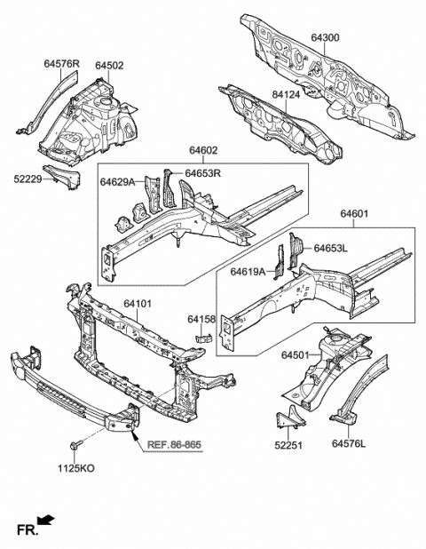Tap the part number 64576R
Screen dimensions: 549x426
[62, 65]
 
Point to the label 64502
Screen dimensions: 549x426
[109, 65]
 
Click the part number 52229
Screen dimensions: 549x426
[31, 179]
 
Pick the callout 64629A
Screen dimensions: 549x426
[117, 182]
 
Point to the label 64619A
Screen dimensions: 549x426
[248, 272]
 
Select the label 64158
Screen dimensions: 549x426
[202, 318]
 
